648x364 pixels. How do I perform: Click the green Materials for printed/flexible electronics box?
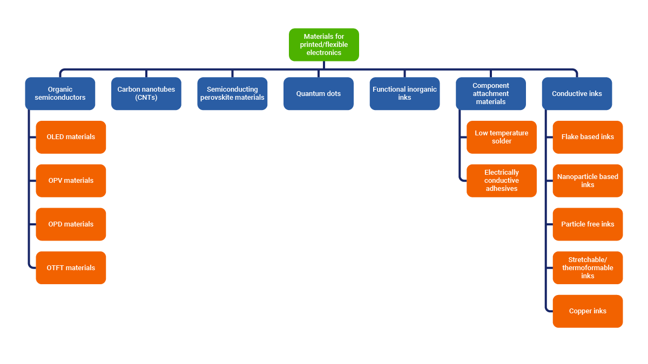[324, 45]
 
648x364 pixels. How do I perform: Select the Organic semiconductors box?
[60, 94]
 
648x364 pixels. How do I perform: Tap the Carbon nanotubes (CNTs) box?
[146, 94]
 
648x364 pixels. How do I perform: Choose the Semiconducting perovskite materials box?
[232, 94]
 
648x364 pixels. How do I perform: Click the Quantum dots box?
[319, 94]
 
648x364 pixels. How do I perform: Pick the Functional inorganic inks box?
[404, 94]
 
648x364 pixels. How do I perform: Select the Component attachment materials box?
[491, 94]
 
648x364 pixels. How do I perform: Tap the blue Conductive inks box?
[577, 94]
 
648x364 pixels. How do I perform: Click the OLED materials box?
[71, 137]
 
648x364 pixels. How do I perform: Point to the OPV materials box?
[71, 181]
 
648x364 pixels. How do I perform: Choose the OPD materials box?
[71, 224]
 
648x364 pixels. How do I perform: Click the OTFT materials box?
[71, 268]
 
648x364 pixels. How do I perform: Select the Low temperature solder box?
[502, 137]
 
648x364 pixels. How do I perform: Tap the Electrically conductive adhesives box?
[502, 181]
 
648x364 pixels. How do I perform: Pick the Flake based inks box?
[588, 137]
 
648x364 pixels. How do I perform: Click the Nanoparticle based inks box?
[588, 181]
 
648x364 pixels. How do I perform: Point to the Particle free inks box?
[588, 224]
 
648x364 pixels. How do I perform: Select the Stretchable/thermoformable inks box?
[588, 268]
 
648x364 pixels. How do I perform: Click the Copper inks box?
[588, 311]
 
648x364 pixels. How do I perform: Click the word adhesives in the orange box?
[502, 189]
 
